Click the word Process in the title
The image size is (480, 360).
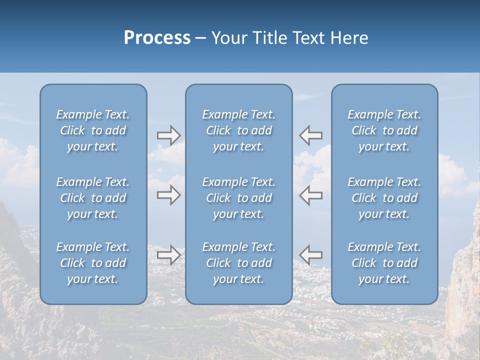157,38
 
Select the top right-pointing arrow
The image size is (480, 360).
168,135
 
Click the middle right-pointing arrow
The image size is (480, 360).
168,195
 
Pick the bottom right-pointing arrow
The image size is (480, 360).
168,255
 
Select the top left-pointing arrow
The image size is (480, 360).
311,135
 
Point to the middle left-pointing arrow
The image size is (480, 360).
311,195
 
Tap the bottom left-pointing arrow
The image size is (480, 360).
311,255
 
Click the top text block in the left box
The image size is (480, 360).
93,130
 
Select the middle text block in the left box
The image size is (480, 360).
93,198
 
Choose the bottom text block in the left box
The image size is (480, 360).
93,263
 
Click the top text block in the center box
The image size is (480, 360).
239,130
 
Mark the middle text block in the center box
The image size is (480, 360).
239,198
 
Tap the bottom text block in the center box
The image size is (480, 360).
239,263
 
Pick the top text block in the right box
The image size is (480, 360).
384,130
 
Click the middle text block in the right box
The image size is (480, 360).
384,198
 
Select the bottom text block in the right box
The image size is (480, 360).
384,263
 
